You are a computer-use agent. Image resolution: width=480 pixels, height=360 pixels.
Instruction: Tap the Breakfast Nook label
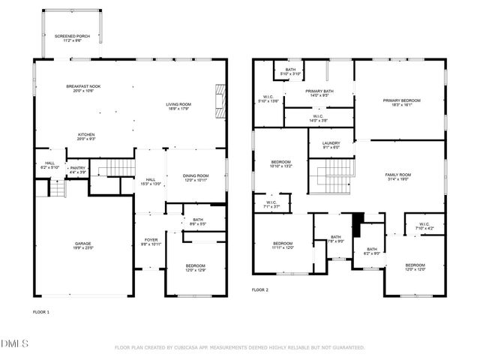(x=83, y=88)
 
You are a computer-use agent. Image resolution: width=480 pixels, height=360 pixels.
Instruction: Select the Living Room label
(x=178, y=106)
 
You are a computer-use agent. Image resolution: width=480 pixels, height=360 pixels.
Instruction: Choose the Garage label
(x=82, y=245)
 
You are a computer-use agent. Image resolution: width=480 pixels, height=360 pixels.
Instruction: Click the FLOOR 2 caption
(x=259, y=289)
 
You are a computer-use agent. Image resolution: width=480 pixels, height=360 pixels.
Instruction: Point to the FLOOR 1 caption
(x=40, y=311)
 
